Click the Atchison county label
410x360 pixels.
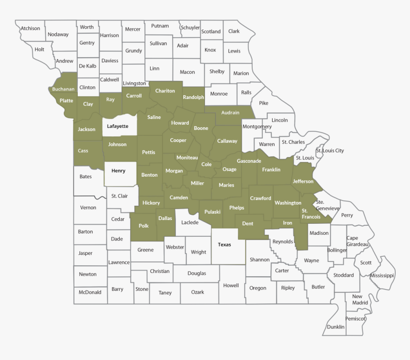click(30, 29)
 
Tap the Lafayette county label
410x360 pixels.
click(117, 126)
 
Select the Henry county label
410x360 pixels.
click(118, 170)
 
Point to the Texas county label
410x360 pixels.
click(224, 245)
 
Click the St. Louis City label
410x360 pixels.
click(329, 151)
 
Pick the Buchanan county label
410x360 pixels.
click(63, 89)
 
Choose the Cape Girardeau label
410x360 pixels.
click(358, 241)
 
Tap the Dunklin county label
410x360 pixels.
click(336, 327)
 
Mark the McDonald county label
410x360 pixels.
click(90, 292)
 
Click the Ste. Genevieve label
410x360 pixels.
click(327, 205)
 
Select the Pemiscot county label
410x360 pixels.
click(356, 318)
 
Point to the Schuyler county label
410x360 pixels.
click(190, 28)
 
